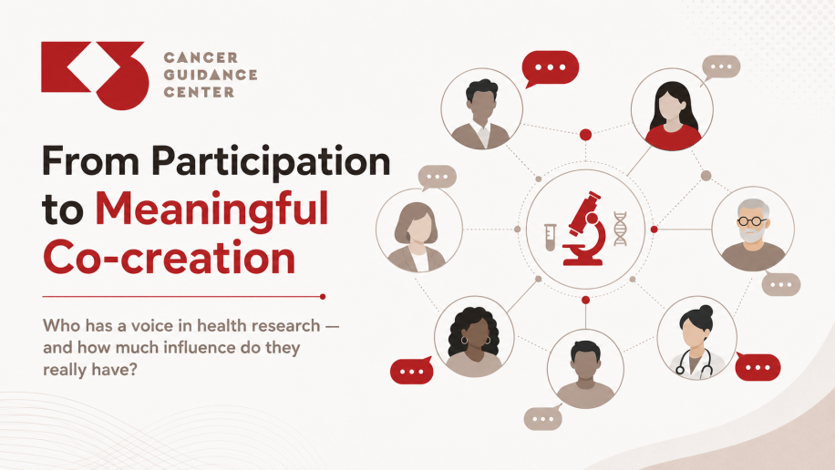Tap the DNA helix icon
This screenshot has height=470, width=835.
tap(620, 229)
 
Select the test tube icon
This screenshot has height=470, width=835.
tap(550, 237)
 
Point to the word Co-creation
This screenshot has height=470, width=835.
tap(169, 257)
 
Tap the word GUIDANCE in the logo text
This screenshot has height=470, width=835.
tap(211, 75)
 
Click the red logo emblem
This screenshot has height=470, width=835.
tap(94, 75)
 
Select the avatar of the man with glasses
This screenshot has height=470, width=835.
tap(752, 230)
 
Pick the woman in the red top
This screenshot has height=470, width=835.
tap(672, 109)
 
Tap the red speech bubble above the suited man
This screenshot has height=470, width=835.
tap(550, 68)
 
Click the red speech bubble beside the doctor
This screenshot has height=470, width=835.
tap(758, 367)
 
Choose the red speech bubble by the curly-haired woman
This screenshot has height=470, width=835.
tap(412, 371)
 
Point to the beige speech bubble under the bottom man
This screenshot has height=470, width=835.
tap(542, 418)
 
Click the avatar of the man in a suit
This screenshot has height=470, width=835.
tap(481, 109)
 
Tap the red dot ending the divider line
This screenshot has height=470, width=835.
tap(322, 296)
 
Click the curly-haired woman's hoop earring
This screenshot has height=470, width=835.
tap(464, 340)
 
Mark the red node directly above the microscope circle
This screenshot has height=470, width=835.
tap(585, 135)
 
